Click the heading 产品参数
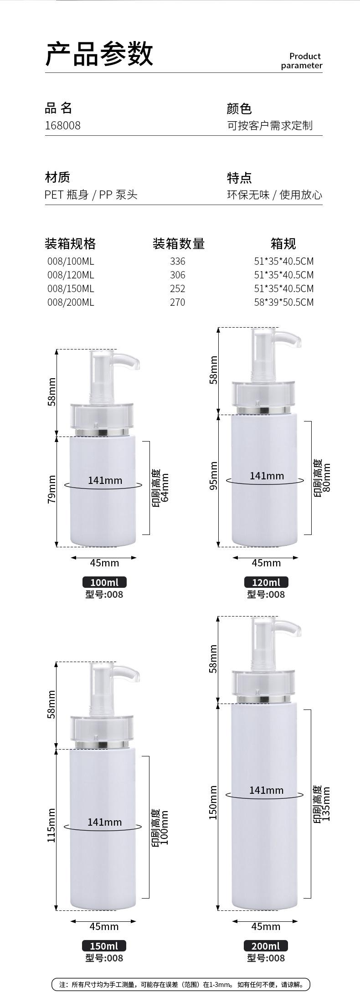click(99, 54)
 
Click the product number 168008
click(62, 125)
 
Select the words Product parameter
click(301, 61)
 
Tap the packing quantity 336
click(178, 261)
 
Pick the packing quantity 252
click(178, 288)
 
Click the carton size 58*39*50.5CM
click(284, 302)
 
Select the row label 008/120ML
click(71, 275)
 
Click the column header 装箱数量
click(179, 244)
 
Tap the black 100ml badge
click(104, 582)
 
